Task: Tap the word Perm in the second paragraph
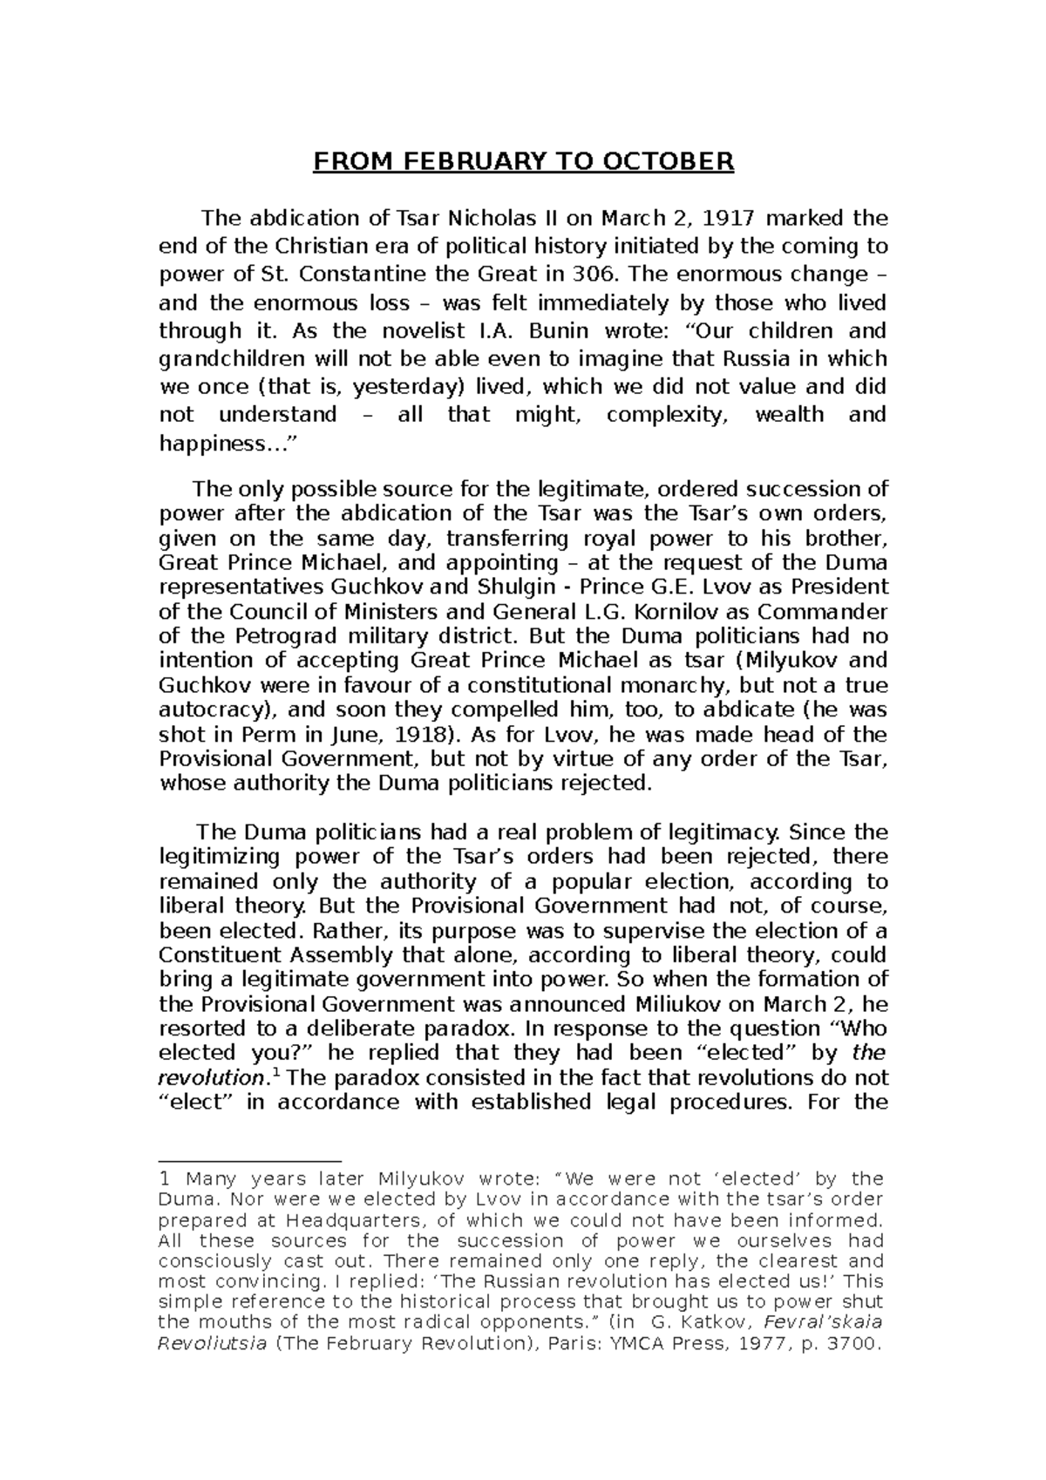tap(253, 733)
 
